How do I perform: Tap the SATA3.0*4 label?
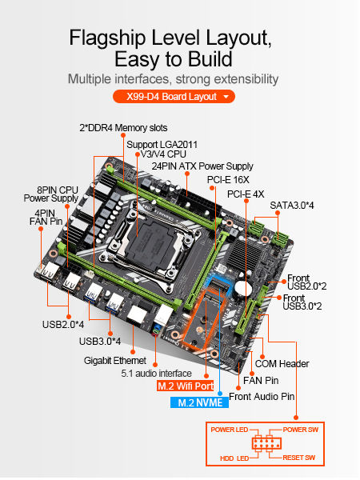click(x=292, y=205)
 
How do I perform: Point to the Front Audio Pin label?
click(x=262, y=396)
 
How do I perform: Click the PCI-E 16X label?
click(x=226, y=180)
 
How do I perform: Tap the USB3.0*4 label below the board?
click(x=100, y=342)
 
